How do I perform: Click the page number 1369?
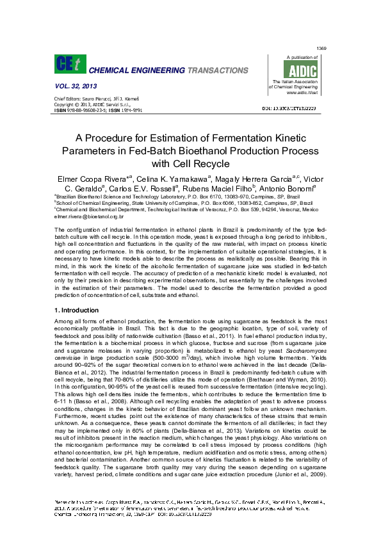click(x=322, y=49)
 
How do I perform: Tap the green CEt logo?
click(x=67, y=65)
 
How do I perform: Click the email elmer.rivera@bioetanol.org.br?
click(x=89, y=217)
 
